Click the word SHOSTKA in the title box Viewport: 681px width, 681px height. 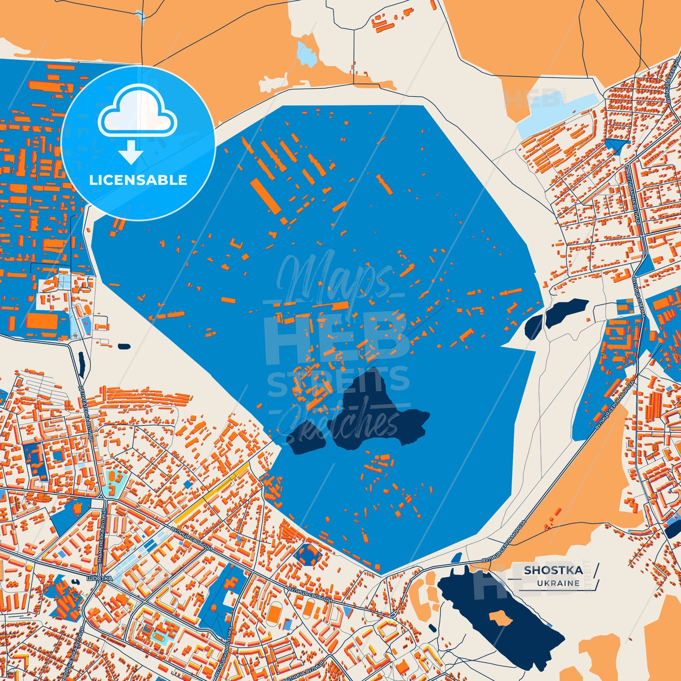(553, 570)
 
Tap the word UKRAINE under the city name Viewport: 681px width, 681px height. (558, 583)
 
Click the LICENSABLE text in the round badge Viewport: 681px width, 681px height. (138, 180)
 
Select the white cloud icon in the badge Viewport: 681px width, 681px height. (137, 112)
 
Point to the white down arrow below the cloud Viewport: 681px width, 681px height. (131, 152)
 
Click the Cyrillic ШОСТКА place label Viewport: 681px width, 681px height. (99, 578)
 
